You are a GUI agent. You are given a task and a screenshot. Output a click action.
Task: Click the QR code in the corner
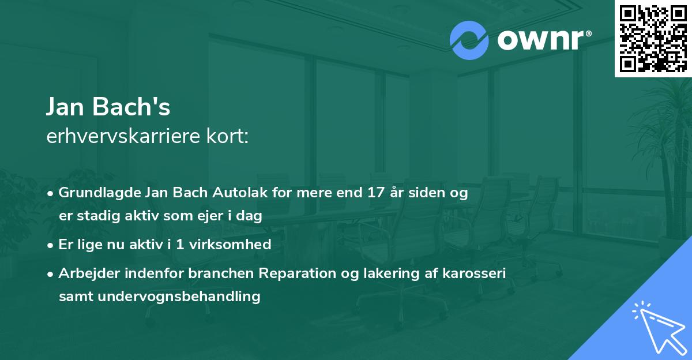653,38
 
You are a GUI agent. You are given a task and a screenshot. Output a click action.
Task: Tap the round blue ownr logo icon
469,40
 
